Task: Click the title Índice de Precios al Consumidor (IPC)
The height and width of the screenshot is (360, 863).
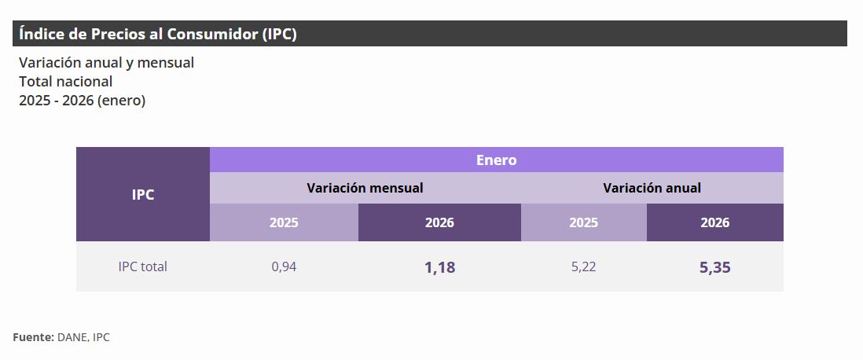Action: coord(157,34)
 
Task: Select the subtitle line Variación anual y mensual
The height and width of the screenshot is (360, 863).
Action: coord(106,62)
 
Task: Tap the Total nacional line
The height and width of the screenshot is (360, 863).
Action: coord(66,81)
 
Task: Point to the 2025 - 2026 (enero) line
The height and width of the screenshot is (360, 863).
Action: coord(82,100)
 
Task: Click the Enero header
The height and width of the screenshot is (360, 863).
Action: coord(496,160)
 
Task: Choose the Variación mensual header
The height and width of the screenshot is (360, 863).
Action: coord(365,188)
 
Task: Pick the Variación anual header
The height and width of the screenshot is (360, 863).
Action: coord(652,188)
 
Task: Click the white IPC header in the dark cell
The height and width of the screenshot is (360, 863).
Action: coord(143,194)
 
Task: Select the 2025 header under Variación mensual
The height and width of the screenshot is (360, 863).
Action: coord(284,222)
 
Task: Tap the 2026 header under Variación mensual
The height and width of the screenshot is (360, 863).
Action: coord(439,222)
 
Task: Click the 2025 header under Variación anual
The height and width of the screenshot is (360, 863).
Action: coord(583,222)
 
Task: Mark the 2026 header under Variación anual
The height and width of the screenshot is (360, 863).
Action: coord(714,222)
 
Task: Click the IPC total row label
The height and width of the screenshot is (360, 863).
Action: coord(143,266)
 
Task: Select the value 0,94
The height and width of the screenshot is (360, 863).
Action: coord(284,266)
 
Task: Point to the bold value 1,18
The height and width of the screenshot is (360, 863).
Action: coord(439,267)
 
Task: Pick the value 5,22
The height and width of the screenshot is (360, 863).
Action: coord(583,266)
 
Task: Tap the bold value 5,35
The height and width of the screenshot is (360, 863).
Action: coord(714,267)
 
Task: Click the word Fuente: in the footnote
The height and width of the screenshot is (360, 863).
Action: coord(33,337)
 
